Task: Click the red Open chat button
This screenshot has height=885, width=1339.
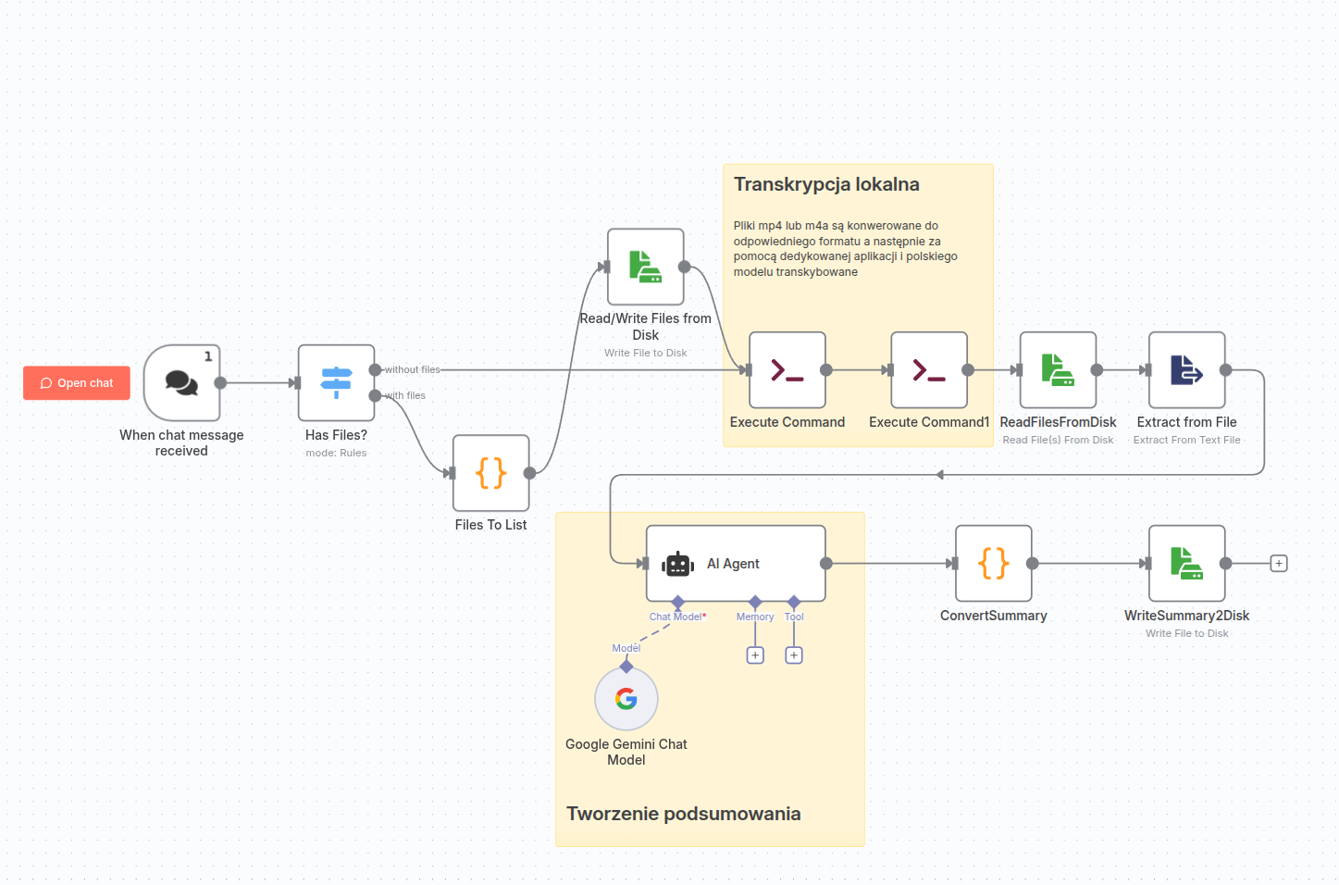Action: (x=77, y=383)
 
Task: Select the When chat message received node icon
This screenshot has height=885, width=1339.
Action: (x=181, y=383)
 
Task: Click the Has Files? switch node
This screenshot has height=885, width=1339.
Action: (x=336, y=383)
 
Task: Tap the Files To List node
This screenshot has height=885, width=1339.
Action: (x=490, y=473)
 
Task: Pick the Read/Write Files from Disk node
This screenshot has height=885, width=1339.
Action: (x=645, y=267)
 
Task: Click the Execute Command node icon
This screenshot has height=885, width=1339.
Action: (x=787, y=370)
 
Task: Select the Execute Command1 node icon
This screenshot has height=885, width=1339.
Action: (x=928, y=370)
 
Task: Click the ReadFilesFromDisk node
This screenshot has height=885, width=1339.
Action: (x=1058, y=370)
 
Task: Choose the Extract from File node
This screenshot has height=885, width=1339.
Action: (x=1186, y=370)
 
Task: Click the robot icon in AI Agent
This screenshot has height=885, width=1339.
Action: (x=677, y=564)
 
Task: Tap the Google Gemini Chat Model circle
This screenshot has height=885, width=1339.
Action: (x=626, y=699)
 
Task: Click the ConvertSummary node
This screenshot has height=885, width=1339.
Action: (x=993, y=564)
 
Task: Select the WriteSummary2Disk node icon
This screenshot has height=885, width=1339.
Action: (x=1186, y=564)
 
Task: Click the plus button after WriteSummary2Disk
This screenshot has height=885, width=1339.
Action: (x=1279, y=564)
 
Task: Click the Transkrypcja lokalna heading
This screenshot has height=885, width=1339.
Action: (x=826, y=184)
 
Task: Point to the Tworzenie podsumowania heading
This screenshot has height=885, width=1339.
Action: (x=683, y=814)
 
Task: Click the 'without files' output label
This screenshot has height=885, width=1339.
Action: (x=413, y=370)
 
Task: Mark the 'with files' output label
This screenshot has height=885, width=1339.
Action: (x=406, y=396)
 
